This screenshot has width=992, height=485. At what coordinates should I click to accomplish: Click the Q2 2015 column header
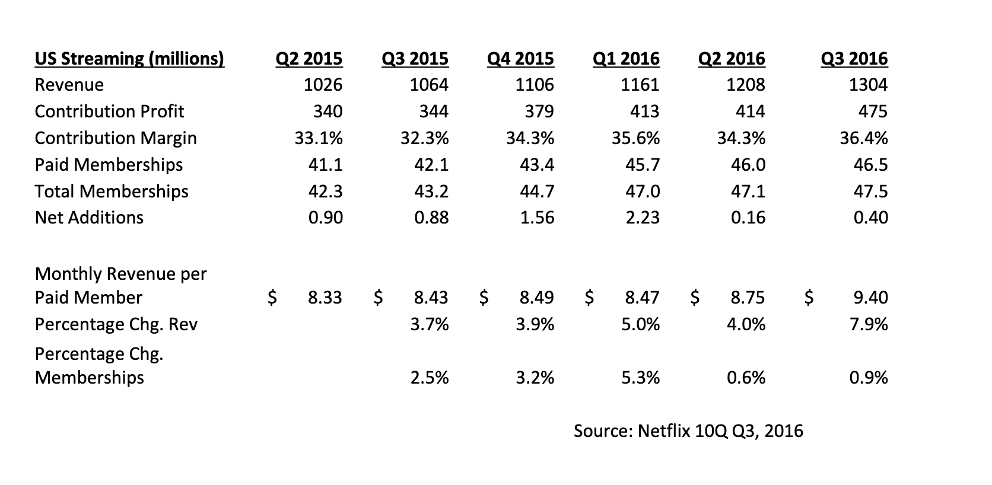point(309,59)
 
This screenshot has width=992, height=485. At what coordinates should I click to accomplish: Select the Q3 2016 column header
point(854,59)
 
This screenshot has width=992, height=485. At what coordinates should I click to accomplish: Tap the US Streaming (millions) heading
point(129,59)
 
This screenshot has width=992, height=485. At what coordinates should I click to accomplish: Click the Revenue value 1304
point(868,85)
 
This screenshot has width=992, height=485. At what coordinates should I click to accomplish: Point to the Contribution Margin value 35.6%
point(635,138)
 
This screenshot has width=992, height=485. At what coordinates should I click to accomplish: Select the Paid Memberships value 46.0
point(748,164)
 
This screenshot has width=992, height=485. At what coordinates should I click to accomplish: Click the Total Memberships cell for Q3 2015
point(431,191)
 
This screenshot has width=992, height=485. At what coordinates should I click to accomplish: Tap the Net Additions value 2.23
point(643,218)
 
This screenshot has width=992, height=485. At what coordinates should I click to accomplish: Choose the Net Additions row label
point(89,218)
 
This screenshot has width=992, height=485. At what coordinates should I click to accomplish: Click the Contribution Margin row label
point(116,138)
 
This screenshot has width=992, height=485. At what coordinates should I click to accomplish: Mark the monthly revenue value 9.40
point(870,297)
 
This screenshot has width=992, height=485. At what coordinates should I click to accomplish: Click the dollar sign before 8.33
point(272,297)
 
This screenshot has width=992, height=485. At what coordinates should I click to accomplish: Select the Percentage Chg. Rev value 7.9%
point(868,324)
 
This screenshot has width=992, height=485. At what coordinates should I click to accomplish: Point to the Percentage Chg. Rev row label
point(116,324)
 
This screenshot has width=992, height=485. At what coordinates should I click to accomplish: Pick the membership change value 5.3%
point(640,378)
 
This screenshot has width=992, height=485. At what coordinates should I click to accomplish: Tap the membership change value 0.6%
point(746,378)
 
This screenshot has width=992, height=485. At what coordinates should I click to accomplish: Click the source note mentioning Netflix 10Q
point(688,430)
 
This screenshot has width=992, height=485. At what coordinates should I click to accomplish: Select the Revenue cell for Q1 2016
point(640,85)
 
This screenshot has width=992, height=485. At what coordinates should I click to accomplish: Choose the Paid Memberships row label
point(109,164)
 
